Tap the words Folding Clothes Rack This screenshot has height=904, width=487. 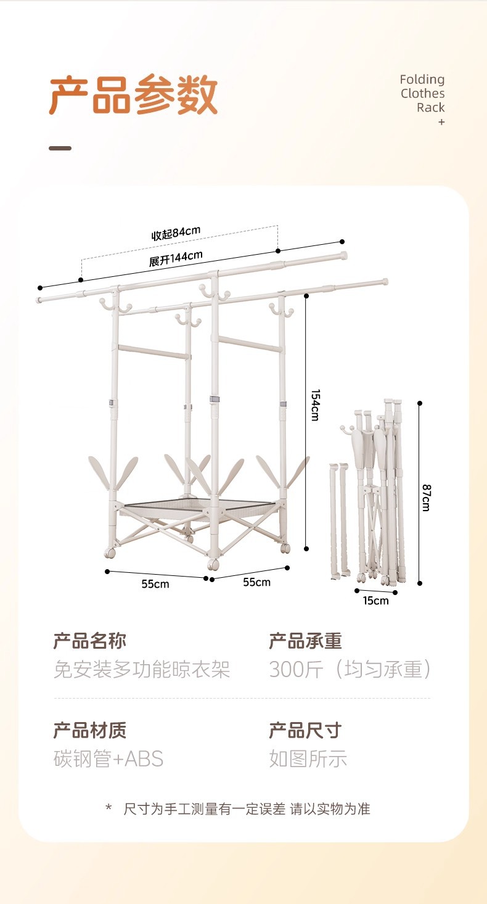422,93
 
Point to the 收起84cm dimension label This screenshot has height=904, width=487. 176,233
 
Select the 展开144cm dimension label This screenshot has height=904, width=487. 176,260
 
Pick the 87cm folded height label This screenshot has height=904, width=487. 426,497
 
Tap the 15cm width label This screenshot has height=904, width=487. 375,601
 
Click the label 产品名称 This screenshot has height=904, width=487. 90,641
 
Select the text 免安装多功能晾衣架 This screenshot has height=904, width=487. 142,669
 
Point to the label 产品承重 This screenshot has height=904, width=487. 305,641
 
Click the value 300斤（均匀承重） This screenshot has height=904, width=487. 350,669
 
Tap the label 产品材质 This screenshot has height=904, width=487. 90,730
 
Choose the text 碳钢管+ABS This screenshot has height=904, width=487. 108,758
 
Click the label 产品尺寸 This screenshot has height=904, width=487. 305,730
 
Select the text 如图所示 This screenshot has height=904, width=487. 308,758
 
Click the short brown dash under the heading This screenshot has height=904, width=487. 60,148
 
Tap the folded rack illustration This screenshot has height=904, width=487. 370,493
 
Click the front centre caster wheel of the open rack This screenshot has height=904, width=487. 213,564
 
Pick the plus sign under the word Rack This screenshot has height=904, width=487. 441,122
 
